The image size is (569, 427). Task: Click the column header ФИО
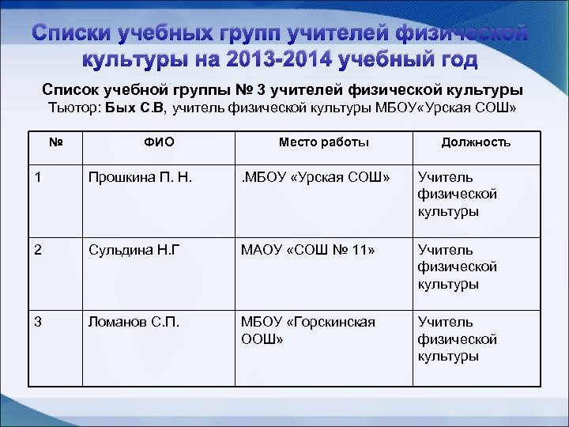pyautogui.click(x=160, y=142)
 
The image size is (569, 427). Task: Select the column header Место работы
pyautogui.click(x=323, y=142)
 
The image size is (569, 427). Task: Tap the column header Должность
pyautogui.click(x=476, y=142)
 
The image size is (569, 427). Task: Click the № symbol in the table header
pyautogui.click(x=55, y=142)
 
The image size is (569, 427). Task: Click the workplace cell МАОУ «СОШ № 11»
pyautogui.click(x=308, y=251)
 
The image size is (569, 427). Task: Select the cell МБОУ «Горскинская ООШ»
pyautogui.click(x=308, y=331)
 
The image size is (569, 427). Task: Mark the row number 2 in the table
pyautogui.click(x=37, y=251)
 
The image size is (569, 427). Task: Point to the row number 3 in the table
pyautogui.click(x=37, y=323)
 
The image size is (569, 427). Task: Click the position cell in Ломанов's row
pyautogui.click(x=458, y=339)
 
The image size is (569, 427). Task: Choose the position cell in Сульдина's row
pyautogui.click(x=458, y=267)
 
